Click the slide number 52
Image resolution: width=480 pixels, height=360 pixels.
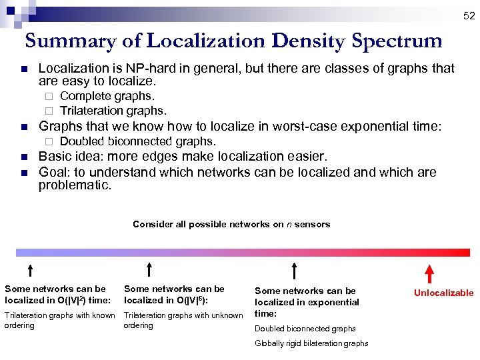[x=469, y=15]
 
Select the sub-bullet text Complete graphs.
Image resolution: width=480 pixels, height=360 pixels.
[x=107, y=97]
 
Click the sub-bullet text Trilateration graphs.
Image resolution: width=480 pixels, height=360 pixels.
[x=113, y=111]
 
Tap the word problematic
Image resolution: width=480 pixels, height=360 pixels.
[x=75, y=185]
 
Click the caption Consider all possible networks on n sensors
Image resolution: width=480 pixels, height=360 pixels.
[x=231, y=224]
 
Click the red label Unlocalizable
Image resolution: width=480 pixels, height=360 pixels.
[x=443, y=293]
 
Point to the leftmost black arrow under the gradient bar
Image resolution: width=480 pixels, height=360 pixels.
[x=30, y=270]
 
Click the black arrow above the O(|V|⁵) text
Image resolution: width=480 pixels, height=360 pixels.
[x=149, y=270]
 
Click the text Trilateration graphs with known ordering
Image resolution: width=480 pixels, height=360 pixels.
[x=59, y=321]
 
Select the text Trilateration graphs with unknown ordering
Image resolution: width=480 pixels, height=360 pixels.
[x=183, y=321]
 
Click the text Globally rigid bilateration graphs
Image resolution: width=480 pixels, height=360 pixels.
[x=311, y=343]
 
